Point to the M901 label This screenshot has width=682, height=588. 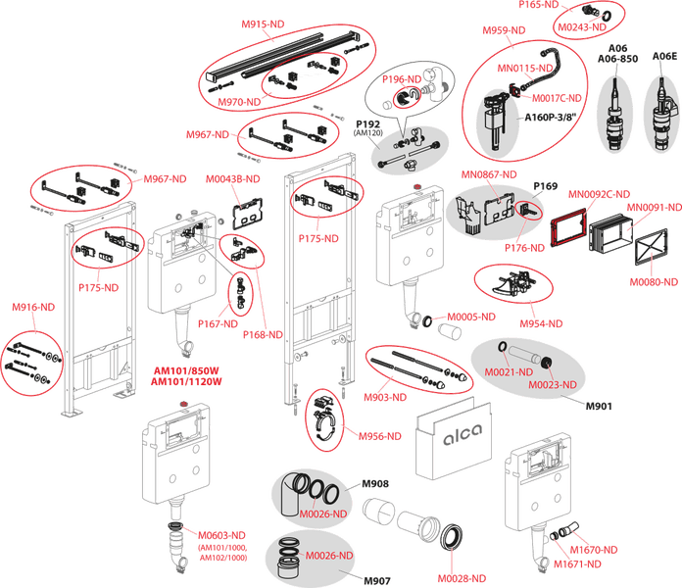click(597, 405)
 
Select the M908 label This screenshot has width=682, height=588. click(377, 484)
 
